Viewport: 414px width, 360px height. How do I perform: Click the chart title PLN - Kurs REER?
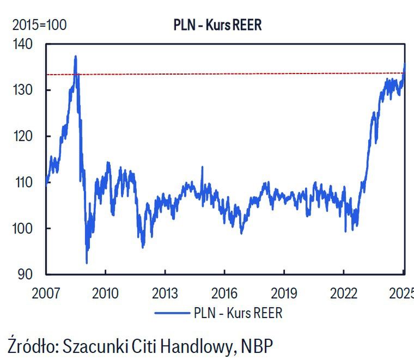pos(217,25)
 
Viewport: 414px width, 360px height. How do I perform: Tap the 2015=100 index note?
pos(39,25)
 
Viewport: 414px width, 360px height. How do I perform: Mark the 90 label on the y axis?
pos(26,274)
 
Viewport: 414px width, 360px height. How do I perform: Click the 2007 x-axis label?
pos(45,293)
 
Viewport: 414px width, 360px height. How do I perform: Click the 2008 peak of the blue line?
pos(75,56)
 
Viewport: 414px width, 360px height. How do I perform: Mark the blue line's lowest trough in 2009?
pos(87,263)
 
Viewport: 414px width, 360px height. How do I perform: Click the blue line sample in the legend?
pos(172,313)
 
